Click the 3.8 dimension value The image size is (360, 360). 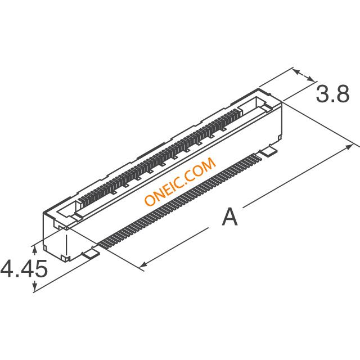click(332, 94)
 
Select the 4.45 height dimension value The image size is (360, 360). click(24, 268)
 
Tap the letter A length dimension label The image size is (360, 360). click(229, 217)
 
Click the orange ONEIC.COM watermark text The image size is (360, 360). click(180, 181)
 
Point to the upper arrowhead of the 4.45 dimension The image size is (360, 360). click(34, 250)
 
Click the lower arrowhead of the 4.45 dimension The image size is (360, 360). click(34, 286)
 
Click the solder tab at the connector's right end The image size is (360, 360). click(268, 152)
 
